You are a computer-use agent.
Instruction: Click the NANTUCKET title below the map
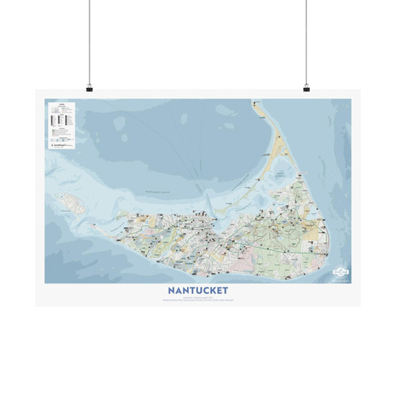coord(198,289)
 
